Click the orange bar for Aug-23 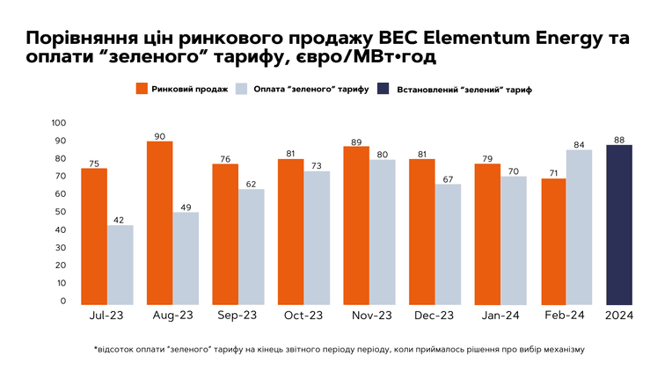[x=160, y=223]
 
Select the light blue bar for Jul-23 [x=121, y=265]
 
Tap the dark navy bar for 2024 [x=619, y=225]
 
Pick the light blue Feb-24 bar [x=579, y=228]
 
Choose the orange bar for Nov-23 [x=356, y=226]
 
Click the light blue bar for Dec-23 [x=448, y=244]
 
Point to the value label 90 [x=159, y=136]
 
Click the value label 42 [x=119, y=220]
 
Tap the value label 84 [x=579, y=145]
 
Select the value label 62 [x=251, y=184]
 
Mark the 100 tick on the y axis [x=59, y=123]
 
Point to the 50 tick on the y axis [x=61, y=212]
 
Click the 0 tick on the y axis [x=63, y=301]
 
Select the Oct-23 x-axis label [x=303, y=316]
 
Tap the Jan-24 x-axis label [x=500, y=316]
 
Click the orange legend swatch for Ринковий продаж [x=142, y=89]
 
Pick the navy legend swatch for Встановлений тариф [x=383, y=89]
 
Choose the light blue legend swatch [x=242, y=89]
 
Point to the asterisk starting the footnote [x=96, y=348]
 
